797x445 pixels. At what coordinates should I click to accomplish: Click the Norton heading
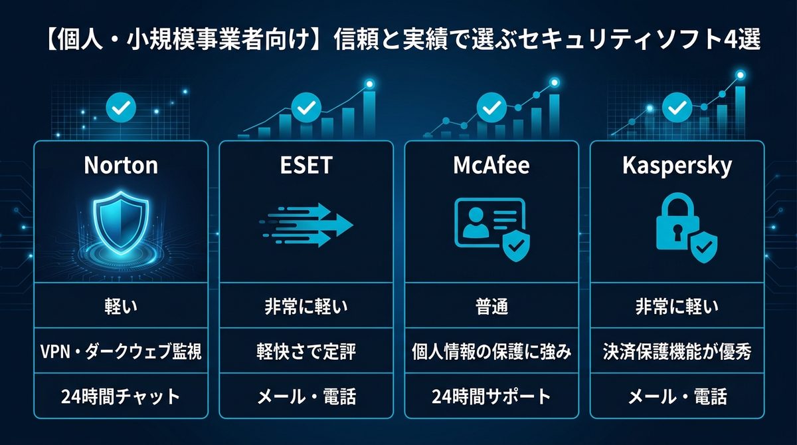click(121, 165)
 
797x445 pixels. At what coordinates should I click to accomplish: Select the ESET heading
click(306, 165)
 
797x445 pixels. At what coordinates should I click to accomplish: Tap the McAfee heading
click(491, 165)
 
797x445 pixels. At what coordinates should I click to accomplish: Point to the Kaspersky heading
click(677, 165)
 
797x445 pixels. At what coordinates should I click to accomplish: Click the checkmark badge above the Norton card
click(121, 106)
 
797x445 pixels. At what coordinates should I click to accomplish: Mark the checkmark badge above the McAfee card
click(491, 106)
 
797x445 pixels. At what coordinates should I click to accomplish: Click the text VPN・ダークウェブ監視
click(121, 352)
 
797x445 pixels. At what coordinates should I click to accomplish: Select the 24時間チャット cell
click(121, 397)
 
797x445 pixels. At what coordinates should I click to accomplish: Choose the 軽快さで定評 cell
click(306, 352)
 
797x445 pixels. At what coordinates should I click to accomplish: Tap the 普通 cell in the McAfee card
click(491, 307)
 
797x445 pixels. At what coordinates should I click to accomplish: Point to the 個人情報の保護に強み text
click(491, 352)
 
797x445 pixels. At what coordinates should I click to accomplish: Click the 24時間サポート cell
click(491, 397)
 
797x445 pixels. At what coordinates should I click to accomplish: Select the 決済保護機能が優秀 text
click(677, 352)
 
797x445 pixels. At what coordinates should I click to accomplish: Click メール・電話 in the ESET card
click(306, 397)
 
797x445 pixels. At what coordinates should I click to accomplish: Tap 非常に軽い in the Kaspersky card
click(677, 307)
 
